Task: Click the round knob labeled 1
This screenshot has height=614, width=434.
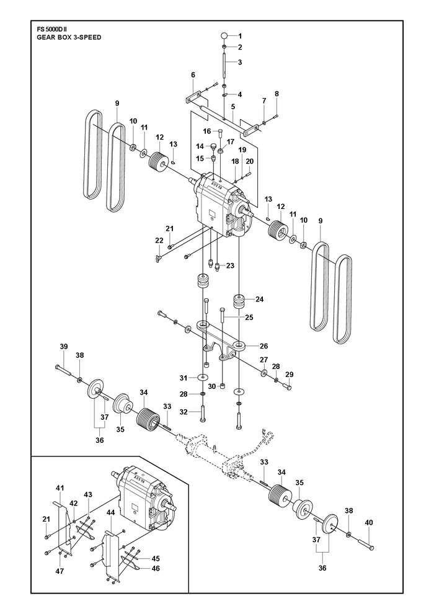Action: pos(223,35)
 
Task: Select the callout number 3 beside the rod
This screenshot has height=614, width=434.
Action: pos(240,62)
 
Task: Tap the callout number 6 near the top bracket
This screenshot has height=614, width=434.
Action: pos(193,75)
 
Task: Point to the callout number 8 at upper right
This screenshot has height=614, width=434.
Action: pos(277,94)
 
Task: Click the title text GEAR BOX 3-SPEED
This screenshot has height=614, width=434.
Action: pos(69,37)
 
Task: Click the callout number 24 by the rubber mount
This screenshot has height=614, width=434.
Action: pos(259,300)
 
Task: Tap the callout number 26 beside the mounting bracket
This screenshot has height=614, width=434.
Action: pos(263,346)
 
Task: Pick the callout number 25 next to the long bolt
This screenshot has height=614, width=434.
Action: pos(249,318)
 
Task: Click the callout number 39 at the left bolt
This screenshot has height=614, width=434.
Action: pos(64,346)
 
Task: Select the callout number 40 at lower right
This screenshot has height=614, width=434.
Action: pos(369,522)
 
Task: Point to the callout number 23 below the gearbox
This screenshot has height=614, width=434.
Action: pos(230,265)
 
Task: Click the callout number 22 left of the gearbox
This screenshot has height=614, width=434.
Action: pos(159,241)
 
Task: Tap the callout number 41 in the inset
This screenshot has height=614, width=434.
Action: pos(60,488)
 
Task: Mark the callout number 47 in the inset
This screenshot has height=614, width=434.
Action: pos(60,571)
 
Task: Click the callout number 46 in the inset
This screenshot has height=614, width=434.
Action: pos(156,568)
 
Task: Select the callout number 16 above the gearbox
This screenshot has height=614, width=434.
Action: pos(206,131)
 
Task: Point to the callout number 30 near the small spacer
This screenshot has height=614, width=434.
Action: pos(211,386)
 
